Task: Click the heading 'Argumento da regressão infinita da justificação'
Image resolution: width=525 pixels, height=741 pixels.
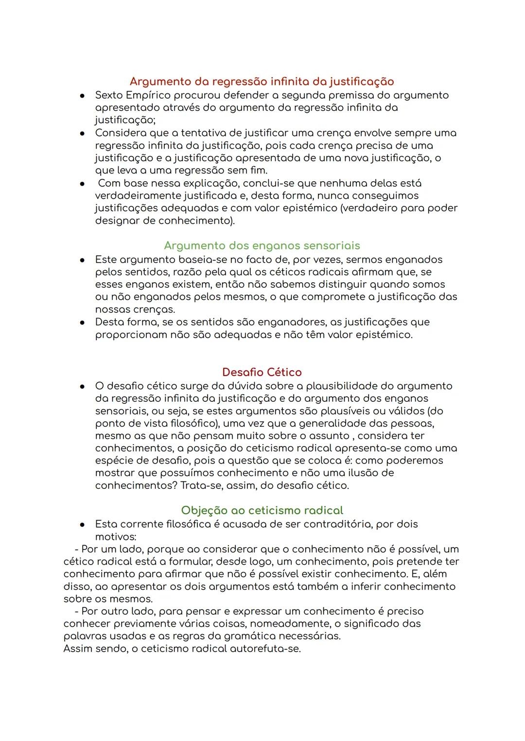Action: (262, 82)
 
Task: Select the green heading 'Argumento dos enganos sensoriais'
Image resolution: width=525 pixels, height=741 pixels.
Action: (262, 245)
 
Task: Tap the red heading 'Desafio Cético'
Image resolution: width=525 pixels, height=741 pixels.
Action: (262, 372)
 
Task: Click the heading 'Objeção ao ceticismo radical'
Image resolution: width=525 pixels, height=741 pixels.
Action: (262, 510)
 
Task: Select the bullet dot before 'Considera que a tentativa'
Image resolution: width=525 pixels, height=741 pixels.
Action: (83, 133)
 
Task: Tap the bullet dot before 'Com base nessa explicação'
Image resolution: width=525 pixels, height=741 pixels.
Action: (83, 184)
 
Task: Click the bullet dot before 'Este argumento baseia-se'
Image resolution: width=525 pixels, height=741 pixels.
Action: (83, 260)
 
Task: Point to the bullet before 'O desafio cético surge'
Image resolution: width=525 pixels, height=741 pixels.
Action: (83, 386)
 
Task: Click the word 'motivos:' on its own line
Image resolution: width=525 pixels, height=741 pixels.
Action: (115, 537)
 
